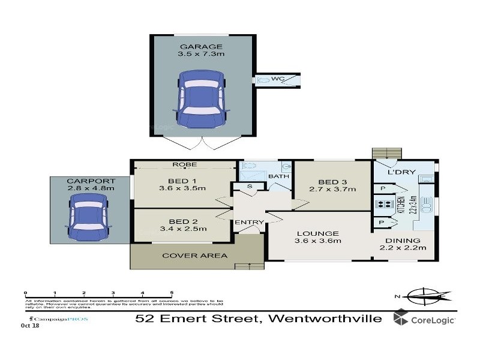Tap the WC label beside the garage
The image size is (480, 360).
pyautogui.click(x=277, y=79)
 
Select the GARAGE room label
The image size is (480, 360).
pyautogui.click(x=200, y=46)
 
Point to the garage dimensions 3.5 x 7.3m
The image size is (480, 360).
pyautogui.click(x=200, y=55)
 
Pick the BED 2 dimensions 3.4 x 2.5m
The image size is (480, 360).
pyautogui.click(x=182, y=228)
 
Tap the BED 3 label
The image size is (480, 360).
pyautogui.click(x=332, y=182)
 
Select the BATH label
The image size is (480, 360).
pyautogui.click(x=278, y=176)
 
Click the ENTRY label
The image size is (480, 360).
pyautogui.click(x=249, y=223)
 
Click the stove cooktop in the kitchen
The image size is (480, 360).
pyautogui.click(x=383, y=205)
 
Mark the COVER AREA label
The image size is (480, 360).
pyautogui.click(x=195, y=255)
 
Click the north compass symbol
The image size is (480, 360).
pyautogui.click(x=427, y=295)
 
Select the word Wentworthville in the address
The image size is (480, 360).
pyautogui.click(x=325, y=318)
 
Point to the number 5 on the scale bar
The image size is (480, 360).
pyautogui.click(x=172, y=293)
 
